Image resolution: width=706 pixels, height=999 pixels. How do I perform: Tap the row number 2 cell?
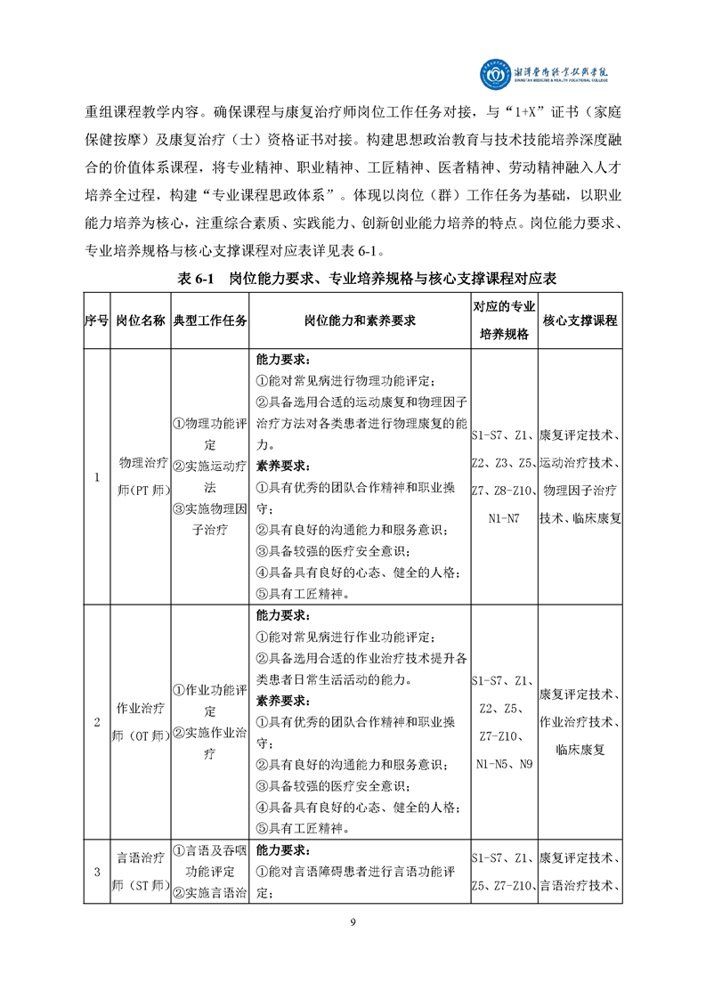tap(96, 722)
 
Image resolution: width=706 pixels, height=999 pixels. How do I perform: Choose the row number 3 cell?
tap(96, 872)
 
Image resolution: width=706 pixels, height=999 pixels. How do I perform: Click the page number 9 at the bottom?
tap(353, 922)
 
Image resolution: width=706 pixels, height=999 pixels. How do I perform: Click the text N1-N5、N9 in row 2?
tap(503, 764)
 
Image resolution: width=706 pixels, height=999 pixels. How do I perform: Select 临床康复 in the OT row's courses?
tap(580, 750)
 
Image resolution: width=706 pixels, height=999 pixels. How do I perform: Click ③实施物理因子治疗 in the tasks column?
tap(210, 519)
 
